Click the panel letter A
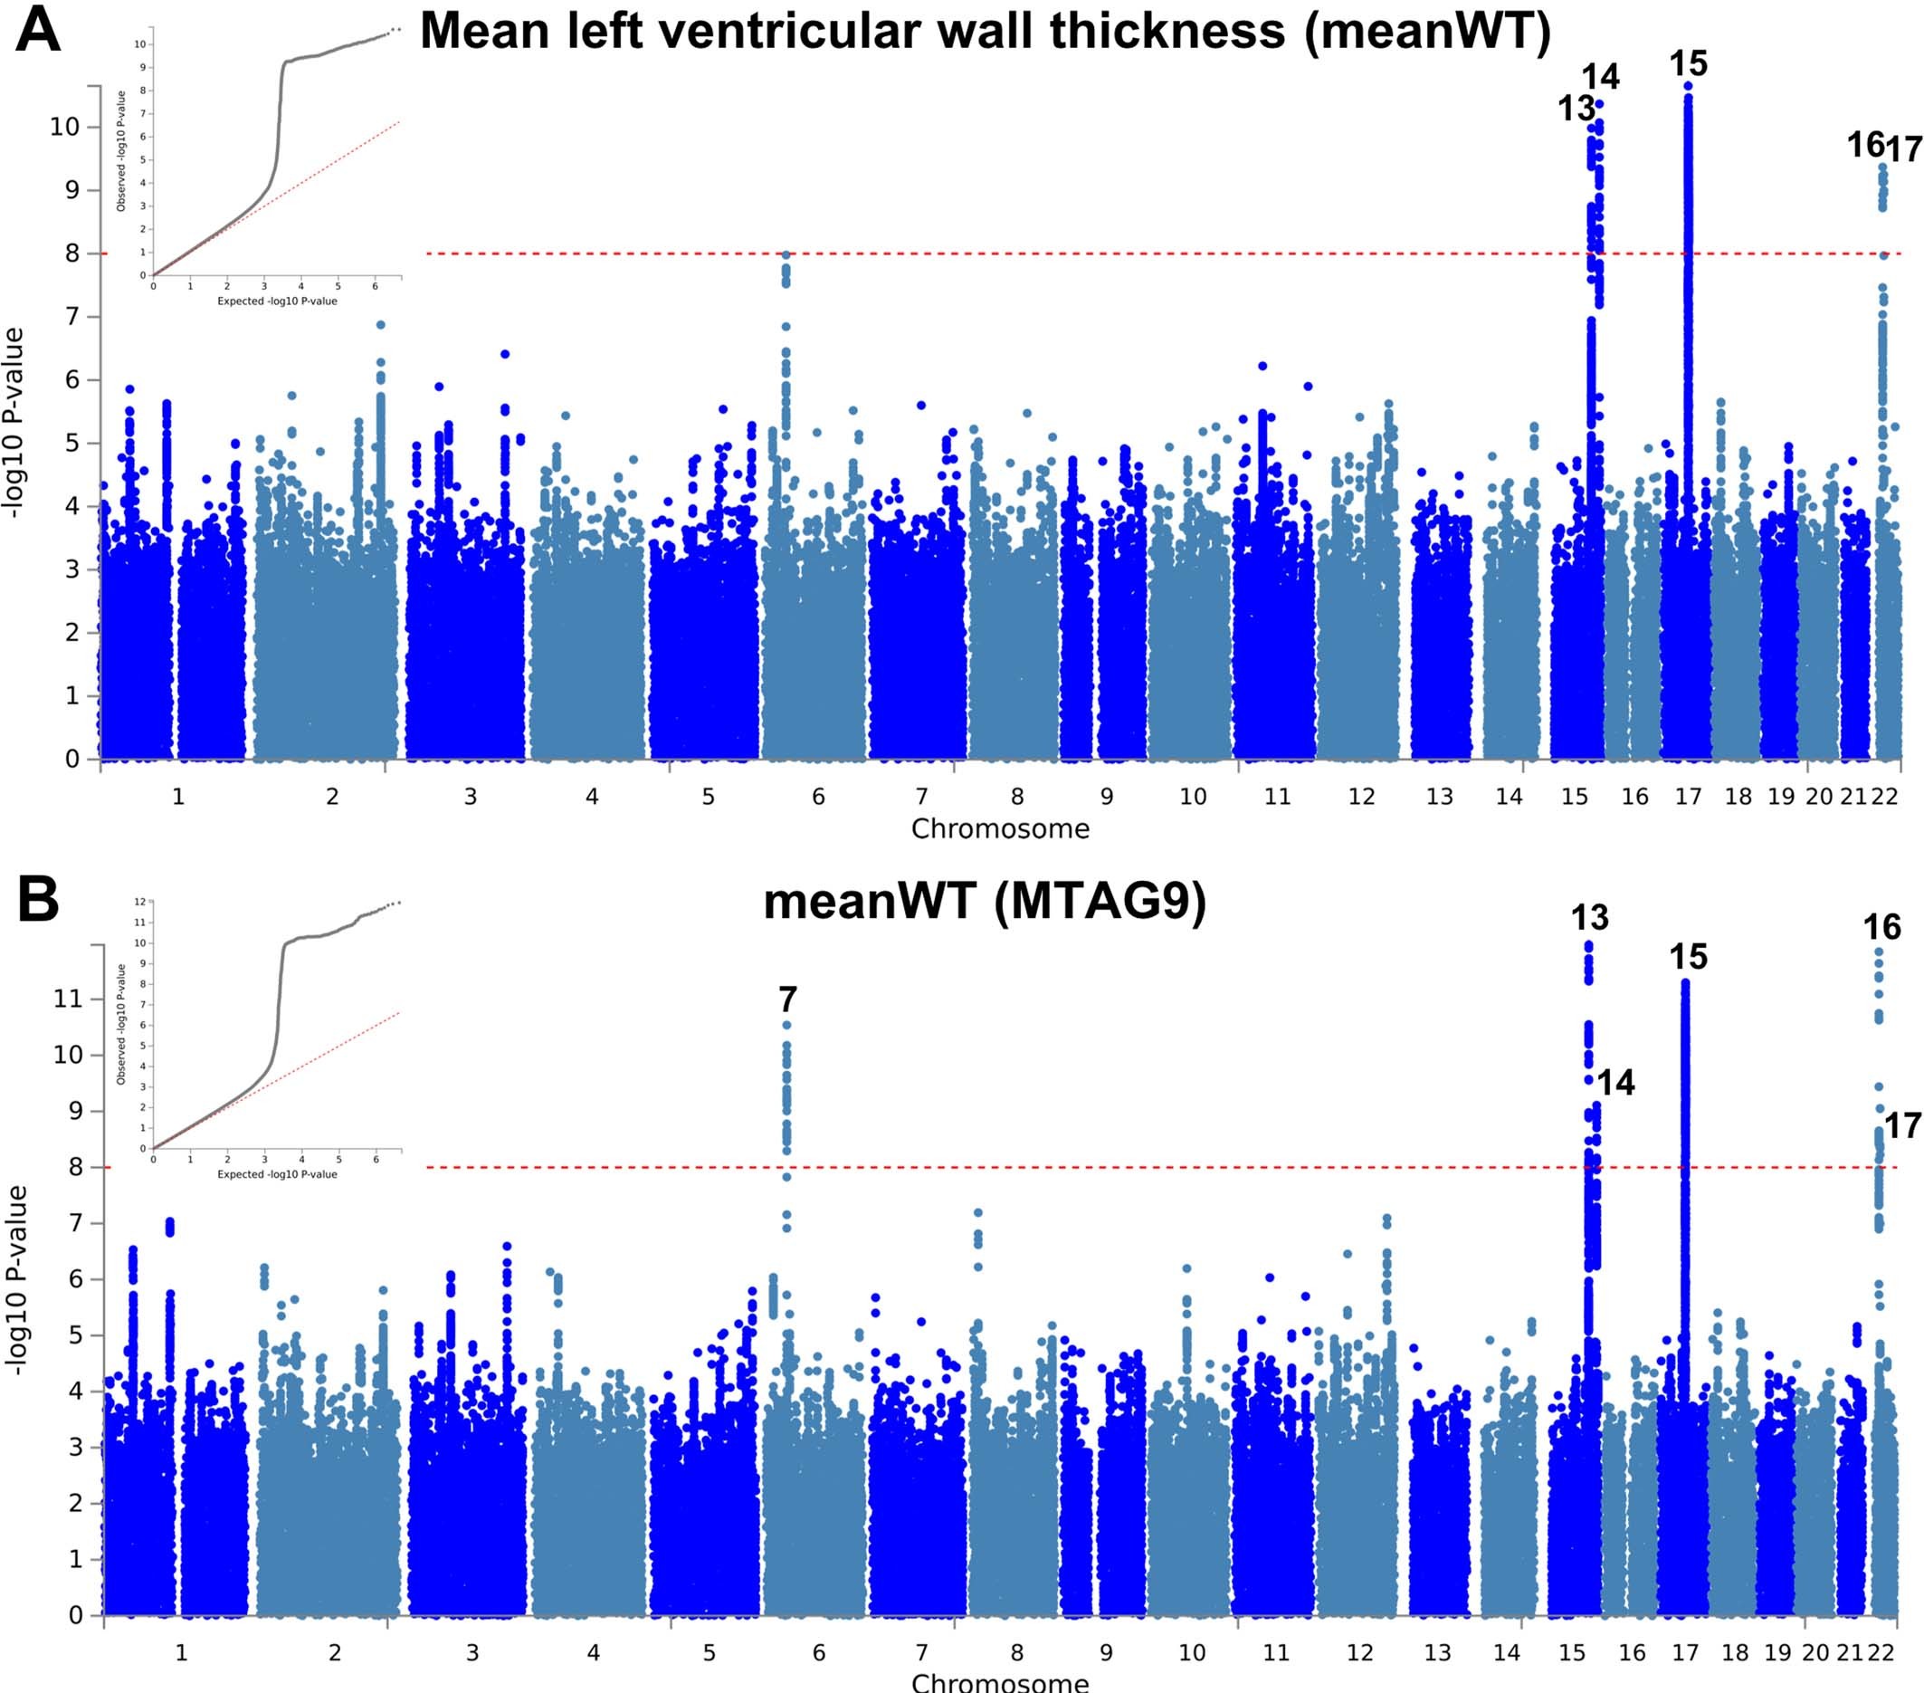point(38,30)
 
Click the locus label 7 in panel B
point(788,999)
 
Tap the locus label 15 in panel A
point(1688,64)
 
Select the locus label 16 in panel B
point(1881,927)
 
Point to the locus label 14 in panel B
point(1616,1083)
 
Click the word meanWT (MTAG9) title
point(984,901)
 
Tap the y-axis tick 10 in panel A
point(64,126)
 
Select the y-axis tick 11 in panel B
point(67,998)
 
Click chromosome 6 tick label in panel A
point(818,797)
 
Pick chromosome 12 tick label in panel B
point(1359,1652)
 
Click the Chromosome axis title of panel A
point(1000,828)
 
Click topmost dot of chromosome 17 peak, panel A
point(1688,87)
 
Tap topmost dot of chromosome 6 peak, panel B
point(787,1025)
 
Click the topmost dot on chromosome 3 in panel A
point(505,354)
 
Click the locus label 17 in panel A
point(1905,148)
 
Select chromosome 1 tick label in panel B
point(181,1652)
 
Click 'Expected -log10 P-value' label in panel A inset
point(277,301)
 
